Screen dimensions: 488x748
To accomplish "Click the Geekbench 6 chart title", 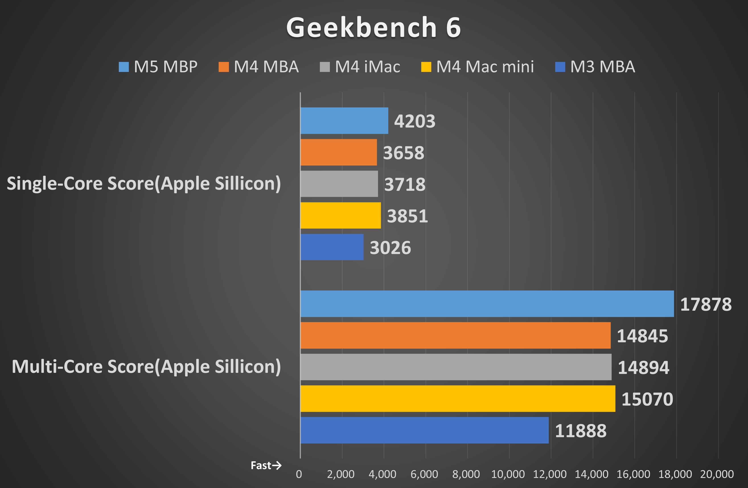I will pyautogui.click(x=373, y=28).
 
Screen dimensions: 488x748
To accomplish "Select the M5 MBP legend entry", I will pyautogui.click(x=158, y=67).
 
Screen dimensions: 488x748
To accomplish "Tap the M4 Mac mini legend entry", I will pyautogui.click(x=477, y=67).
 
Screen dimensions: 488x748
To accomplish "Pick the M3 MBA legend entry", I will pyautogui.click(x=595, y=67).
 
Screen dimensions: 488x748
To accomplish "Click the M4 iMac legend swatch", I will pyautogui.click(x=325, y=67).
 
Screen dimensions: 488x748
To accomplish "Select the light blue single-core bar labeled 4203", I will pyautogui.click(x=344, y=120).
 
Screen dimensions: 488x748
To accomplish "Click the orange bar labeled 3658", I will pyautogui.click(x=339, y=152).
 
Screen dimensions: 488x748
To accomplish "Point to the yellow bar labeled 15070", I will pyautogui.click(x=458, y=398).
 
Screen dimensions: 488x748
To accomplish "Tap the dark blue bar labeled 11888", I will pyautogui.click(x=424, y=430).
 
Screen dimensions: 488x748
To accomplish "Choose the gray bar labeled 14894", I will pyautogui.click(x=456, y=367).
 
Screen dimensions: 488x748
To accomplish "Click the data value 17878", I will pyautogui.click(x=706, y=304).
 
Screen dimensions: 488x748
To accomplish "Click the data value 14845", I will pyautogui.click(x=642, y=336).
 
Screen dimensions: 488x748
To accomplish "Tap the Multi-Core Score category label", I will pyautogui.click(x=146, y=366).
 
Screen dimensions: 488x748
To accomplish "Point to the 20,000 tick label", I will pyautogui.click(x=717, y=474).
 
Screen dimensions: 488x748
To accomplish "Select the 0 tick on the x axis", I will pyautogui.click(x=299, y=474).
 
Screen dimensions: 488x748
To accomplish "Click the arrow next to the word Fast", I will pyautogui.click(x=277, y=465).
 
